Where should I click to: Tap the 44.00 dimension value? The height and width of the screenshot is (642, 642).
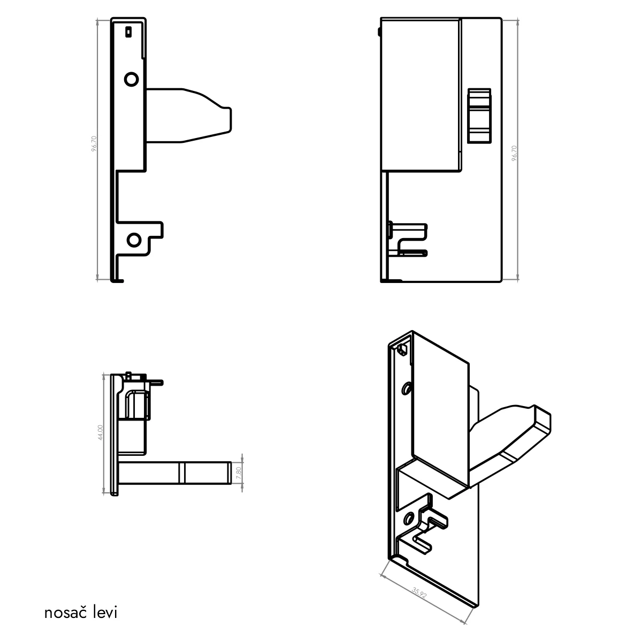coord(101,432)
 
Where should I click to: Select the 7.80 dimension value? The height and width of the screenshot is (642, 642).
coord(238,473)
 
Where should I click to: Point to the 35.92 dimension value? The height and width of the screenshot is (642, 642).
coord(419,593)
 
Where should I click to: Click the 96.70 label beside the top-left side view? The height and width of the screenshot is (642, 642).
coord(94,143)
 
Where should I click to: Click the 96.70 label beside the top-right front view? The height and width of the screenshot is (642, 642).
coord(514,153)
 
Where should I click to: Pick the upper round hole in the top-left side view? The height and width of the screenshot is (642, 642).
coord(131,79)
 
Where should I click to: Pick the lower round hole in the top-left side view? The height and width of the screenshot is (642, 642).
coord(134,240)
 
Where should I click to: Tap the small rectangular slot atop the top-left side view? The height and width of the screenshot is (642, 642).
coord(128,32)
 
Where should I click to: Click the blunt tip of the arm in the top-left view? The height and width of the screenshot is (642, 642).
coord(231,120)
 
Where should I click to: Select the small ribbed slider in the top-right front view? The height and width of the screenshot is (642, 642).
coord(479,116)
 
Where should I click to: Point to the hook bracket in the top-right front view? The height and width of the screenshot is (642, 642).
coord(408,240)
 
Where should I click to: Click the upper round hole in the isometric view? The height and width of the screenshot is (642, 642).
coord(406,388)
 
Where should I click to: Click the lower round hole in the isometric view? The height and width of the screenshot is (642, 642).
coord(408,518)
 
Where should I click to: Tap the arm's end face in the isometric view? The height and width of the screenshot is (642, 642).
coord(542,421)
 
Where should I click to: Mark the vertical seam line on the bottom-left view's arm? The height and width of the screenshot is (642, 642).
coord(182,473)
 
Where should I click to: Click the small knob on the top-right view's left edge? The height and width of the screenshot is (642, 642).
coord(379,32)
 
